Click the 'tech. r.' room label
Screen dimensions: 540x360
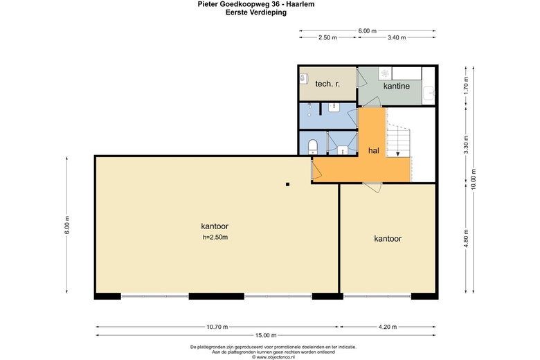point(327,84)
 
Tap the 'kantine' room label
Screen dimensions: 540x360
point(397,86)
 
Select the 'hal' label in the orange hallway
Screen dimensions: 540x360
point(374,150)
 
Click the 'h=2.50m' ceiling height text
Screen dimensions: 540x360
point(215,237)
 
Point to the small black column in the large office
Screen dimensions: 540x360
point(287,184)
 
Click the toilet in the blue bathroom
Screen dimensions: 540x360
point(313,146)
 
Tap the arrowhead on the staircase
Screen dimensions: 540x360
point(398,154)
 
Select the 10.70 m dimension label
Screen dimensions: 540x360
point(217,327)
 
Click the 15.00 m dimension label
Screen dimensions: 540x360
point(266,335)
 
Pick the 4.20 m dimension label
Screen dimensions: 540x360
point(388,327)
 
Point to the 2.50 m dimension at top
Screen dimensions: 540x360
point(327,37)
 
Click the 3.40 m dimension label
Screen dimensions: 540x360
point(397,37)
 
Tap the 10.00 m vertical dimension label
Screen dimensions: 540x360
point(473,179)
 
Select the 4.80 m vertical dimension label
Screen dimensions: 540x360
point(466,238)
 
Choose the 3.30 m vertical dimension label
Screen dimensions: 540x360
point(466,145)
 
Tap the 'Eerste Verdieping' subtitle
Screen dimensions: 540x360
point(256,12)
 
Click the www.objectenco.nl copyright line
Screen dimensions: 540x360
point(273,357)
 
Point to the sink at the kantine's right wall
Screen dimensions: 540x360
point(429,93)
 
